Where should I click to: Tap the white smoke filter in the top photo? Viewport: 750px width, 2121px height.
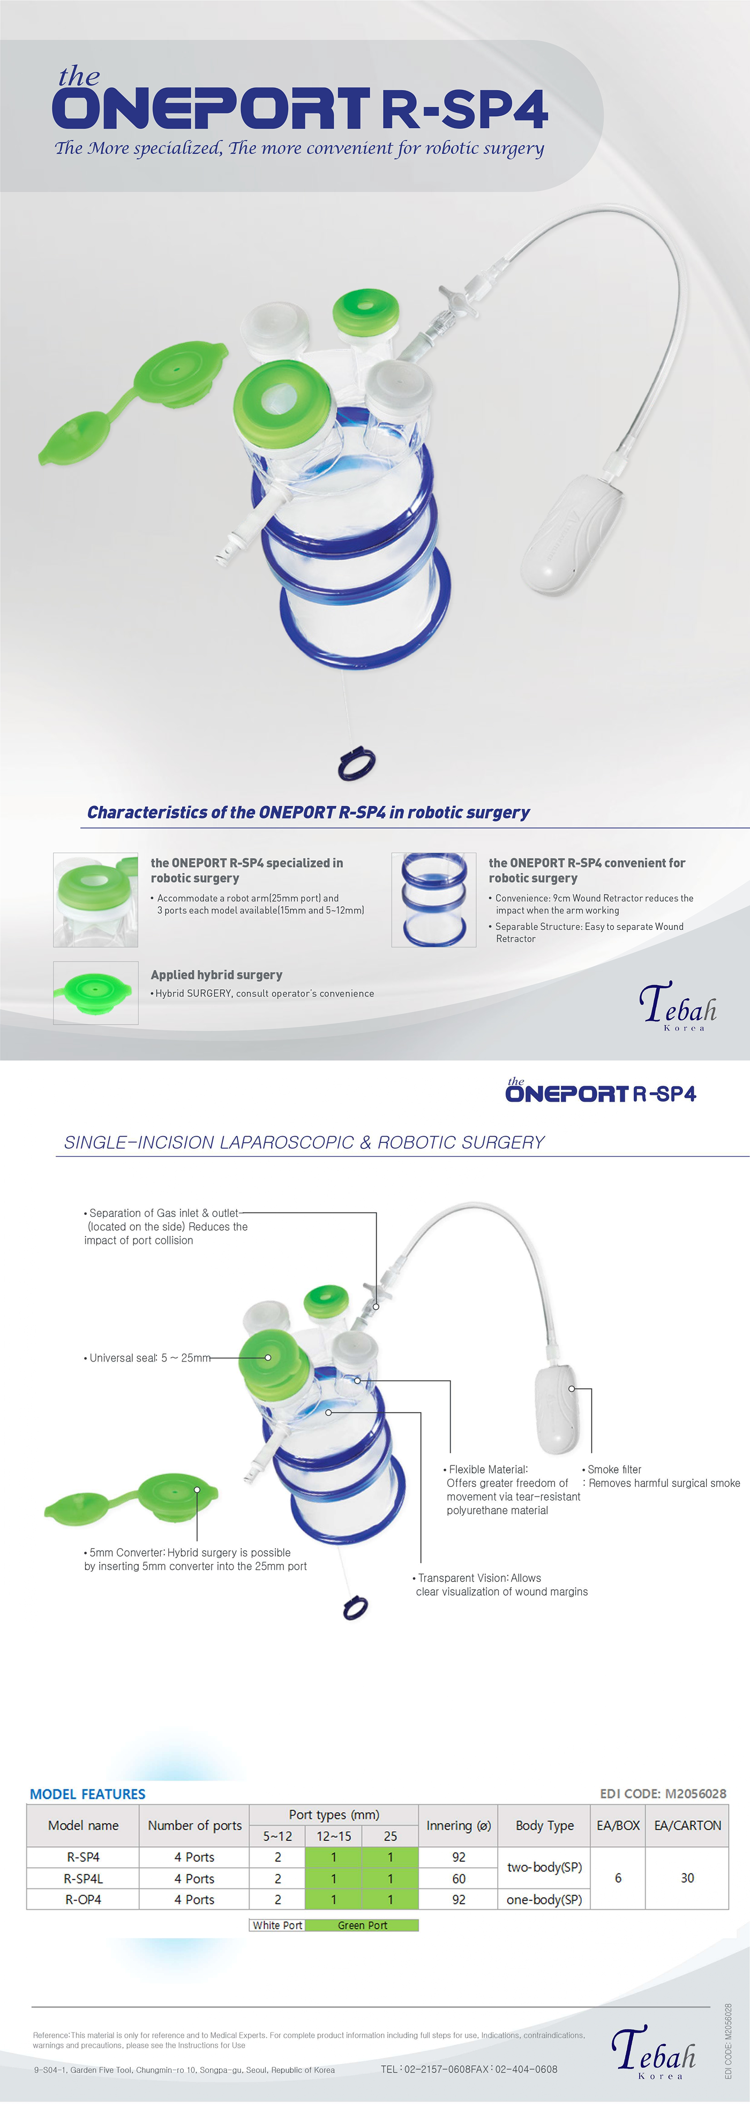tap(572, 531)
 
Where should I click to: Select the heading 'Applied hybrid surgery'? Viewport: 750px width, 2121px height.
tap(216, 974)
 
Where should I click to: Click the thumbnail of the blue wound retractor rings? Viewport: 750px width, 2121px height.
tap(434, 899)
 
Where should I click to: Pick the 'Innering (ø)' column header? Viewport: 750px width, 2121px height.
tap(459, 1825)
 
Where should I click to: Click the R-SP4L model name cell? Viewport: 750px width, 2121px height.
tap(83, 1878)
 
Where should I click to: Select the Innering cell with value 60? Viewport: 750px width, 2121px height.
tap(459, 1878)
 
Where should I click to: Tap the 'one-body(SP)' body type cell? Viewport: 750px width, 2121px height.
tap(544, 1899)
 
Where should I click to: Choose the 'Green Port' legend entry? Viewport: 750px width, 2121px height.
tap(362, 1925)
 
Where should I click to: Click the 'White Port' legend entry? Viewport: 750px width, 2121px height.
tap(277, 1925)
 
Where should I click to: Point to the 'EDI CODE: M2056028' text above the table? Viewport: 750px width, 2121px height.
tap(663, 1793)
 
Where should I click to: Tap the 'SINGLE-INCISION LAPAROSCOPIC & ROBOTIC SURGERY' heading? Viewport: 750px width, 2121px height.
tap(305, 1142)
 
